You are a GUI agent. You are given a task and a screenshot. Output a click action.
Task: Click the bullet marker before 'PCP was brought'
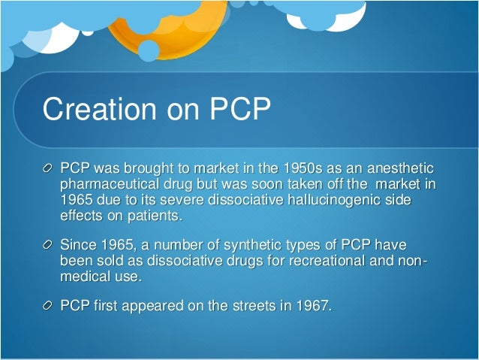coord(49,167)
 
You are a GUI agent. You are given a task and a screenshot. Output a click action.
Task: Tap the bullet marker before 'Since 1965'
coord(49,246)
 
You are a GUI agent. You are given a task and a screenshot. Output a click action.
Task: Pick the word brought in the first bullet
coord(150,167)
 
